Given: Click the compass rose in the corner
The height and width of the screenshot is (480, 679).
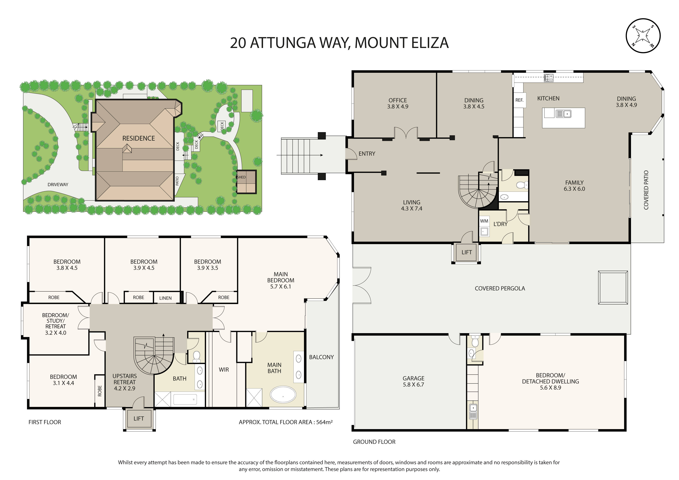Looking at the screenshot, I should click(643, 36).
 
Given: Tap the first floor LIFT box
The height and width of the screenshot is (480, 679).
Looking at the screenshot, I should click(139, 418).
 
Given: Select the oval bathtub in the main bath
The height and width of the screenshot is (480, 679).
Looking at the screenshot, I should click(283, 394).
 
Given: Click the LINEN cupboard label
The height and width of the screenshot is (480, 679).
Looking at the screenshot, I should click(165, 298).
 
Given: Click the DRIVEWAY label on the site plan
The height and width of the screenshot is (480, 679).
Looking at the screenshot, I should click(58, 184).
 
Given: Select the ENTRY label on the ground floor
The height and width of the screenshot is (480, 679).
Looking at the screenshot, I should click(367, 154).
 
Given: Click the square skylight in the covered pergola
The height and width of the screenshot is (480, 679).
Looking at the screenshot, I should click(613, 287).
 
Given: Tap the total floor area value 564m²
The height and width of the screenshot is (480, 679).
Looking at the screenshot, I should click(324, 422).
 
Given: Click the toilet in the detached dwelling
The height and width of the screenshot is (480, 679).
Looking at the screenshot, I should click(475, 342).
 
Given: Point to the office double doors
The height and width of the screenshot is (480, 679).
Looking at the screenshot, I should click(406, 133).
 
